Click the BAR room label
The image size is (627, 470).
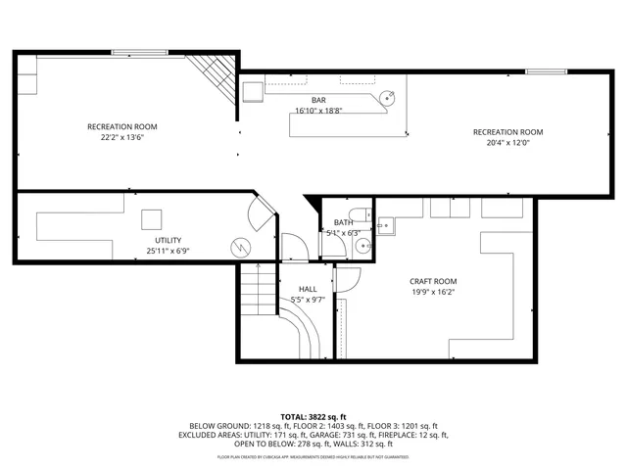click(318, 100)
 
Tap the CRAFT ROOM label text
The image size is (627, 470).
click(433, 281)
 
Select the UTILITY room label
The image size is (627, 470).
click(168, 240)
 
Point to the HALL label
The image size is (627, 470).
click(306, 289)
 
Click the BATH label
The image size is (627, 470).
click(343, 222)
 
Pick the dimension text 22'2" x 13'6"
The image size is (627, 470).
click(121, 138)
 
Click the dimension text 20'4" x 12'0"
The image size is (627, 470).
click(507, 143)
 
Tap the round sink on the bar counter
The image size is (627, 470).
click(389, 98)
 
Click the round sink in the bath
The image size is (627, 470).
click(362, 246)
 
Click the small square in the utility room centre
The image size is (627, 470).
click(152, 218)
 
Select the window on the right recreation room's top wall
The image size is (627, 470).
click(546, 71)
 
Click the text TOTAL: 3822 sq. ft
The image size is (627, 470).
click(313, 417)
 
